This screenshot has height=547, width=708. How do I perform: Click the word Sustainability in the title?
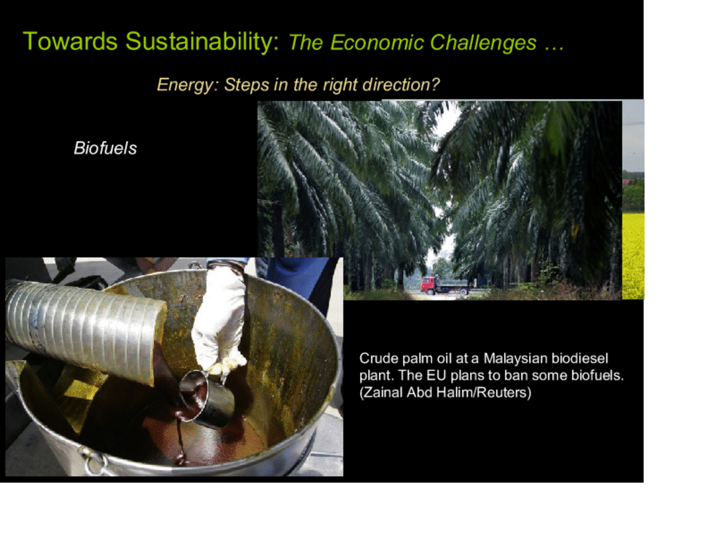click(x=202, y=42)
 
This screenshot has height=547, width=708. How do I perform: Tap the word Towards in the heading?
click(x=70, y=41)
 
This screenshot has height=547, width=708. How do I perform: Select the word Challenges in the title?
click(x=483, y=42)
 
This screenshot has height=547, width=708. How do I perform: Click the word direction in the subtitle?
click(x=401, y=85)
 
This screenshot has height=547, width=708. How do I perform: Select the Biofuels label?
click(x=105, y=148)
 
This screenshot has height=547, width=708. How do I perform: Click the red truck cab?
click(x=428, y=284)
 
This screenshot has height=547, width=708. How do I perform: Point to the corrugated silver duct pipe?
click(x=85, y=332)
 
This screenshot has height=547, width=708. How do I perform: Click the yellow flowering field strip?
click(x=632, y=255)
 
